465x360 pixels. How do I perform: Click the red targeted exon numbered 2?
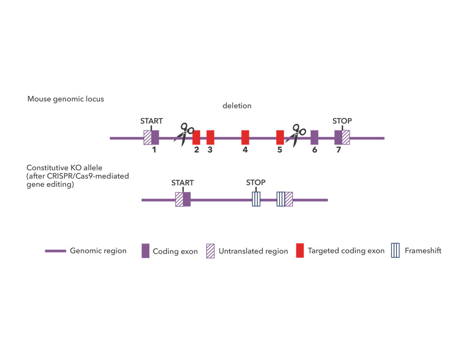pos(196,137)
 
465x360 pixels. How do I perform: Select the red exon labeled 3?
pos(210,137)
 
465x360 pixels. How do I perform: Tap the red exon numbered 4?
pos(245,137)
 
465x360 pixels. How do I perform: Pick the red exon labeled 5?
pos(280,137)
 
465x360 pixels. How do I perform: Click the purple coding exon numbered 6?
pos(315,137)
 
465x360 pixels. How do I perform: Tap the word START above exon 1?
pos(151,121)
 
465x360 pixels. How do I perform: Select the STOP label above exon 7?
pos(342,121)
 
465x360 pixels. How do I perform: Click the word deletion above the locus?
pos(237,106)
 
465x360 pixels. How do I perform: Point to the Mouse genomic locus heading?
pos(66,99)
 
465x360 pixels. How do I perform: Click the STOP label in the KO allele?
pos(256,183)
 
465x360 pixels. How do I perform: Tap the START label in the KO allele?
pos(182,183)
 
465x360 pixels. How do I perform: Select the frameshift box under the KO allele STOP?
pos(256,199)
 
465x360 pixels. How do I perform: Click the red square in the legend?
pos(300,251)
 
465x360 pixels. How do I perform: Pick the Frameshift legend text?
pos(423,251)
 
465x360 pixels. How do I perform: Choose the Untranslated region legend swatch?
pos(210,251)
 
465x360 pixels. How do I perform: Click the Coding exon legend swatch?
pos(145,251)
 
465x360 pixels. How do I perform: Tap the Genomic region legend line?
pos(56,251)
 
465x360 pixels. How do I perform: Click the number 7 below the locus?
pos(339,150)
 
